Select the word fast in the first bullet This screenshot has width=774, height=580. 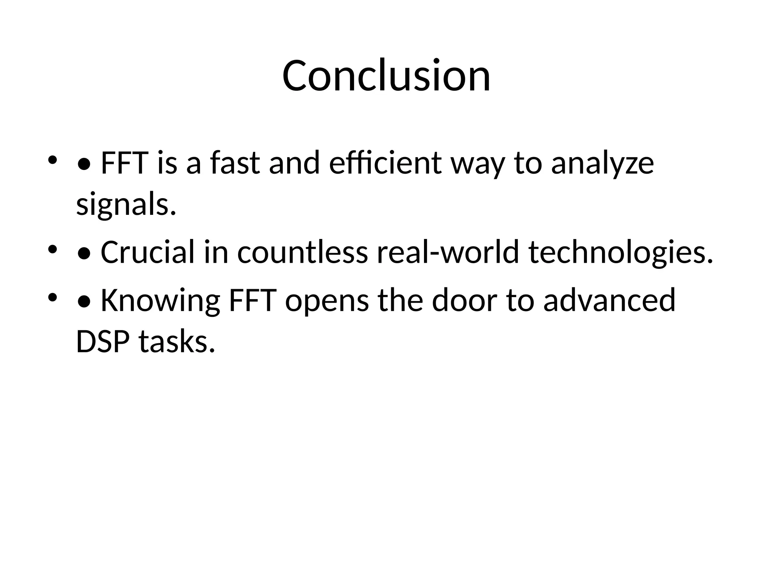point(235,163)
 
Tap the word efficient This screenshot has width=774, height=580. point(385,163)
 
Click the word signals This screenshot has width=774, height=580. point(126,205)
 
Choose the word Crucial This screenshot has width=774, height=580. point(147,252)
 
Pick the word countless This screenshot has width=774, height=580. point(302,252)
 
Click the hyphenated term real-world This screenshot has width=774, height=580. point(448,252)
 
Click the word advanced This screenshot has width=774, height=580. point(609,300)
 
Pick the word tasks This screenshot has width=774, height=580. point(177,342)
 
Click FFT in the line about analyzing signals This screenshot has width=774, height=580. point(124,163)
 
